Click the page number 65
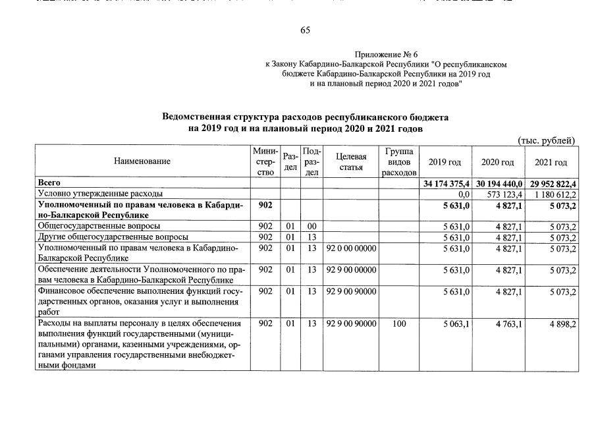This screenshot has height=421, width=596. [x=305, y=30]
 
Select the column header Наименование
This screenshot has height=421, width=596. [x=142, y=161]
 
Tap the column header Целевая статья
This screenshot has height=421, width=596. [x=351, y=161]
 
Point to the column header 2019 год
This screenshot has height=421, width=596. [x=445, y=162]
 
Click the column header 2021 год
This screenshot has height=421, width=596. [x=551, y=162]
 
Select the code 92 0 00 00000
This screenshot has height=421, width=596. [x=350, y=248]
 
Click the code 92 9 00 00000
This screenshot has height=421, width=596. [x=350, y=270]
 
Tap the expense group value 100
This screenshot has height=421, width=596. [x=399, y=324]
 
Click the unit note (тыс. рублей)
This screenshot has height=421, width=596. [x=547, y=140]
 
